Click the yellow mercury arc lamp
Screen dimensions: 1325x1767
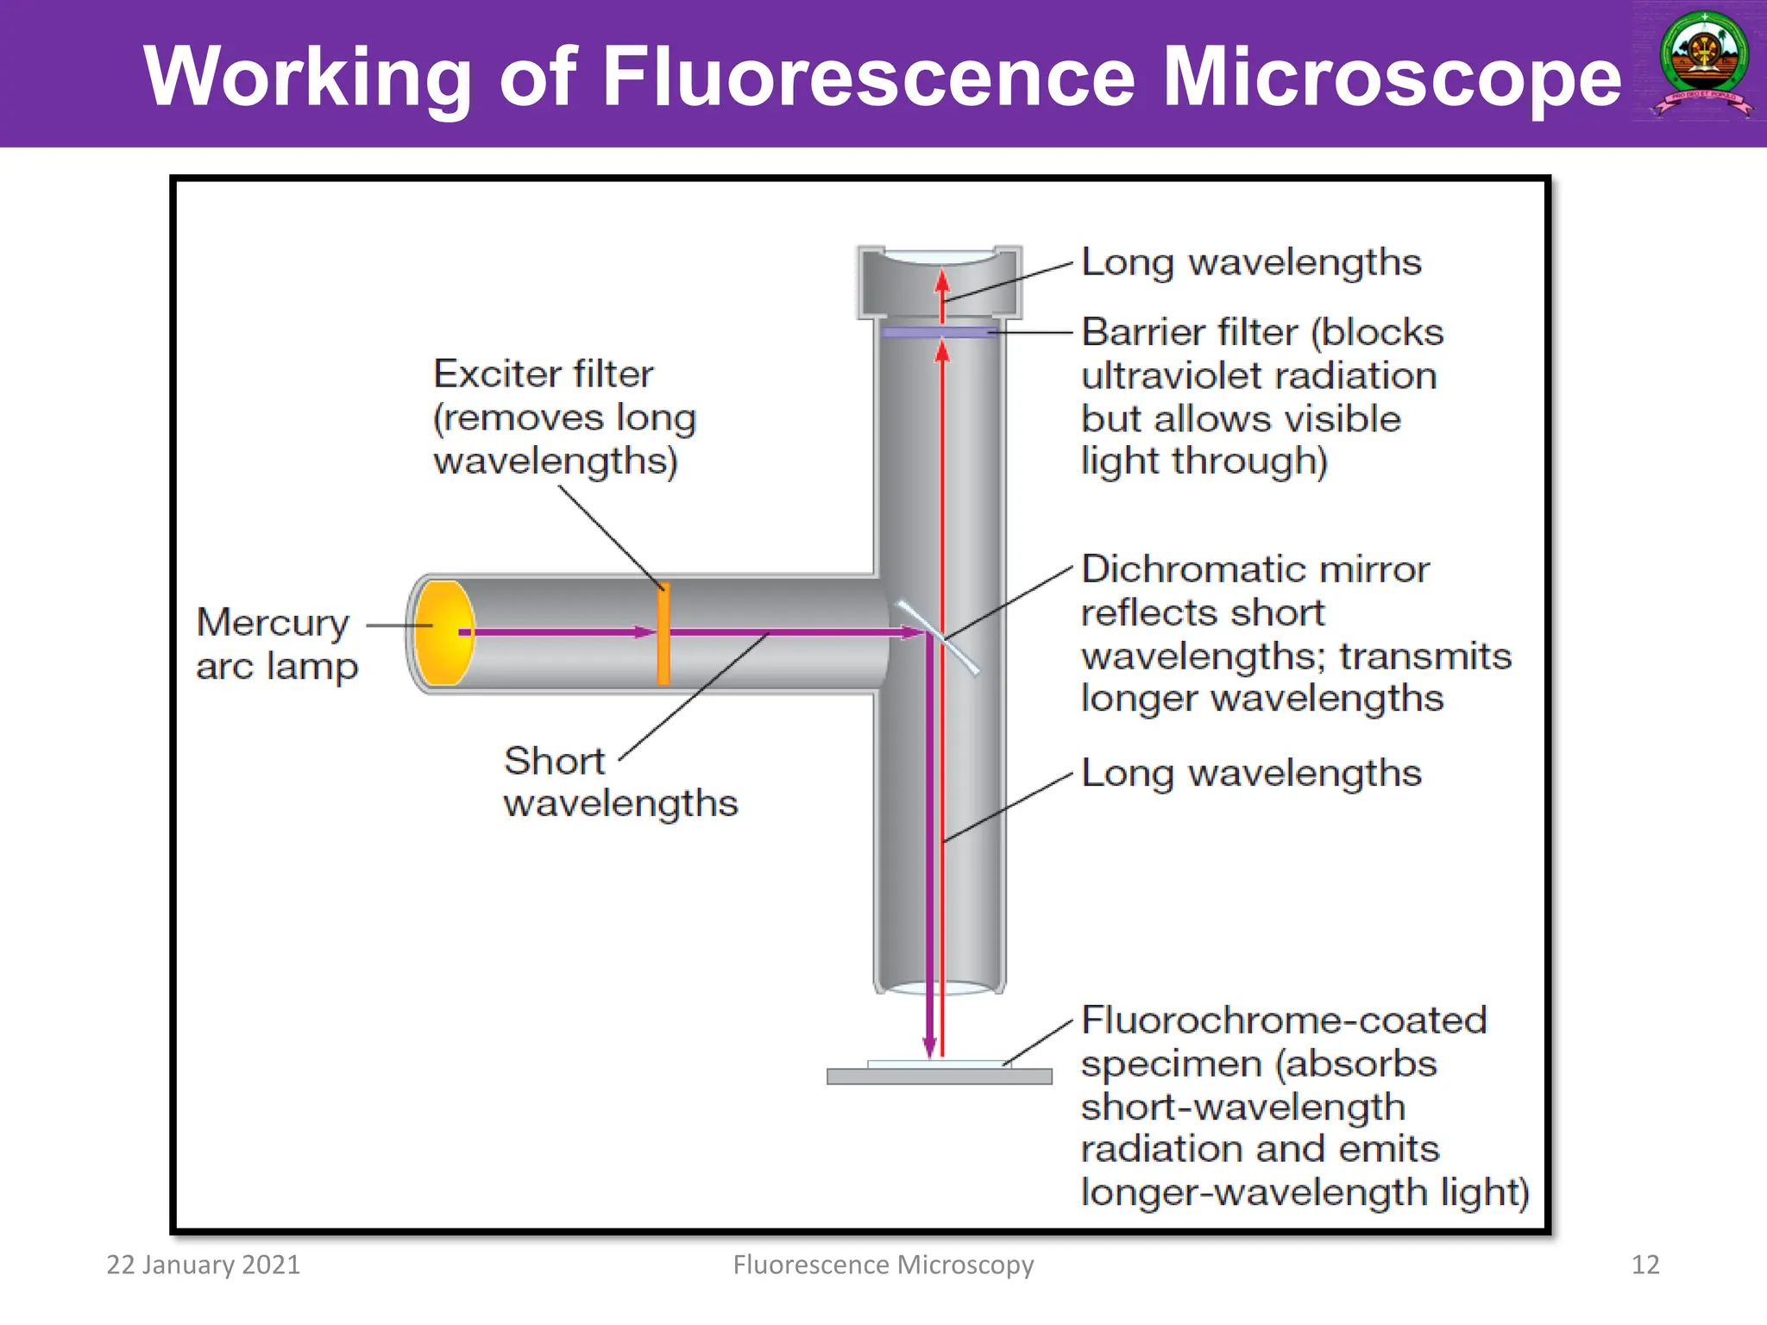443,632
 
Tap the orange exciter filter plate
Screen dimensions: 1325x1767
663,634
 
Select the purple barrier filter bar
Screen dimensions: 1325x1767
939,332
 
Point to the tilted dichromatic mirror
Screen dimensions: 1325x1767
938,637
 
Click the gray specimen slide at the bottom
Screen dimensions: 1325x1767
939,1076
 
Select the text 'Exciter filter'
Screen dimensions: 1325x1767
543,374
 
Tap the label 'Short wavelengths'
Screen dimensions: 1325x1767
619,782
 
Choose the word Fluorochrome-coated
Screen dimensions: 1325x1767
1284,1020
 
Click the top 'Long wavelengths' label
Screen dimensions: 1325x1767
1251,262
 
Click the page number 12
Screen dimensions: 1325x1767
1644,1265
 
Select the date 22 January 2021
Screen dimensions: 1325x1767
204,1265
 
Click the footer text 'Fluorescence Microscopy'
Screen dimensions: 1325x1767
883,1265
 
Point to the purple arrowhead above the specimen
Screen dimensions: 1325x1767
929,1045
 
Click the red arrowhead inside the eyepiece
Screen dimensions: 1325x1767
942,281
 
